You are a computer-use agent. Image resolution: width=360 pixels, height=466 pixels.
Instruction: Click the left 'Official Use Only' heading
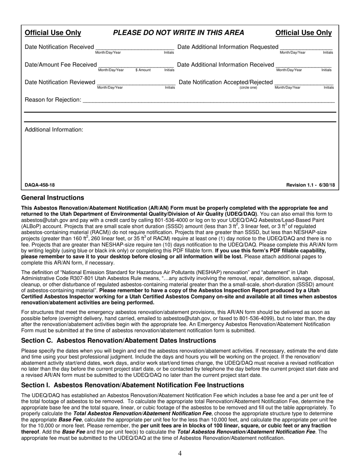[53, 33]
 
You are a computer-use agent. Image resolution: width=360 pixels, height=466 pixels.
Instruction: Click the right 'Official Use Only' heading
[303, 33]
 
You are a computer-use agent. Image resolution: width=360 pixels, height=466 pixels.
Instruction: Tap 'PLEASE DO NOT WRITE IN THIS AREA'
[178, 33]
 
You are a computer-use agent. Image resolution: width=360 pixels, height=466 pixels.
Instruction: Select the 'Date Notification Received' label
[59, 47]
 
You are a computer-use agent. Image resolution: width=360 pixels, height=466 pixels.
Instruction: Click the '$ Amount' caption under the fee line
[143, 70]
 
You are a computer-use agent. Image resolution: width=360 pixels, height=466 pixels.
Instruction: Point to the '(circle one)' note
[248, 88]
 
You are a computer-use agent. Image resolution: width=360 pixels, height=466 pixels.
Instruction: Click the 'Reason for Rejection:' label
[53, 100]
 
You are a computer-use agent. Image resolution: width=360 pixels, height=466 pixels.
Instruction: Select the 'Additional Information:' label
[54, 130]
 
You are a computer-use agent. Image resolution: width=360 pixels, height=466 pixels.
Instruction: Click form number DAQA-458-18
[40, 185]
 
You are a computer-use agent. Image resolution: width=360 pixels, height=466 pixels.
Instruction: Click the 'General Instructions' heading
[53, 198]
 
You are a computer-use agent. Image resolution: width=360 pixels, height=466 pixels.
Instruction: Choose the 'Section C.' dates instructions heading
[119, 340]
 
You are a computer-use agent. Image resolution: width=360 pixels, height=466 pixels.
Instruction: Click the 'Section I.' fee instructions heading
[133, 385]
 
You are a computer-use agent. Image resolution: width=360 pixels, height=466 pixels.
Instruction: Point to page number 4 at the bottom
[180, 453]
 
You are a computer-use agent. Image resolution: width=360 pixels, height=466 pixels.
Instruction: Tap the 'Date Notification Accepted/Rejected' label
[225, 82]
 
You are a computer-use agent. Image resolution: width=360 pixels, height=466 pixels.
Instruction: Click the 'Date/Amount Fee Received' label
[61, 65]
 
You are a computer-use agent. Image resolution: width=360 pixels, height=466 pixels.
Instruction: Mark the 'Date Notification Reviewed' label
[60, 82]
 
